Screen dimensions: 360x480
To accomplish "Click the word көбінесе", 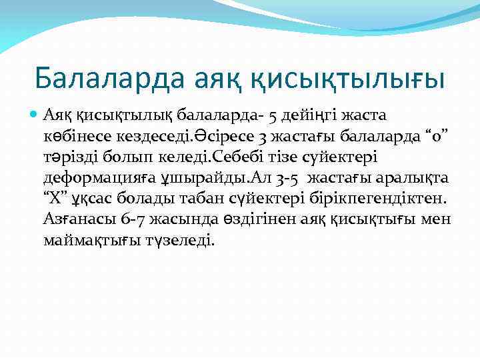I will coord(75,137).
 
